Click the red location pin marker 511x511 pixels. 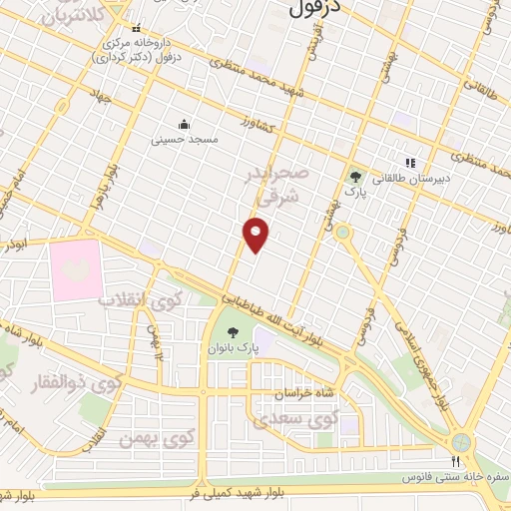coord(256,236)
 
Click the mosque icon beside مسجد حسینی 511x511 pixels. coord(185,125)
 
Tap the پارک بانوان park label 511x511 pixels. coord(233,349)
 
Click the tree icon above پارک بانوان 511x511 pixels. coord(233,332)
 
